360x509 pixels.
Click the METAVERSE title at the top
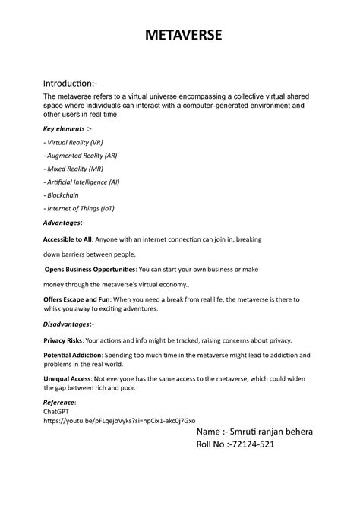[x=179, y=35]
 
